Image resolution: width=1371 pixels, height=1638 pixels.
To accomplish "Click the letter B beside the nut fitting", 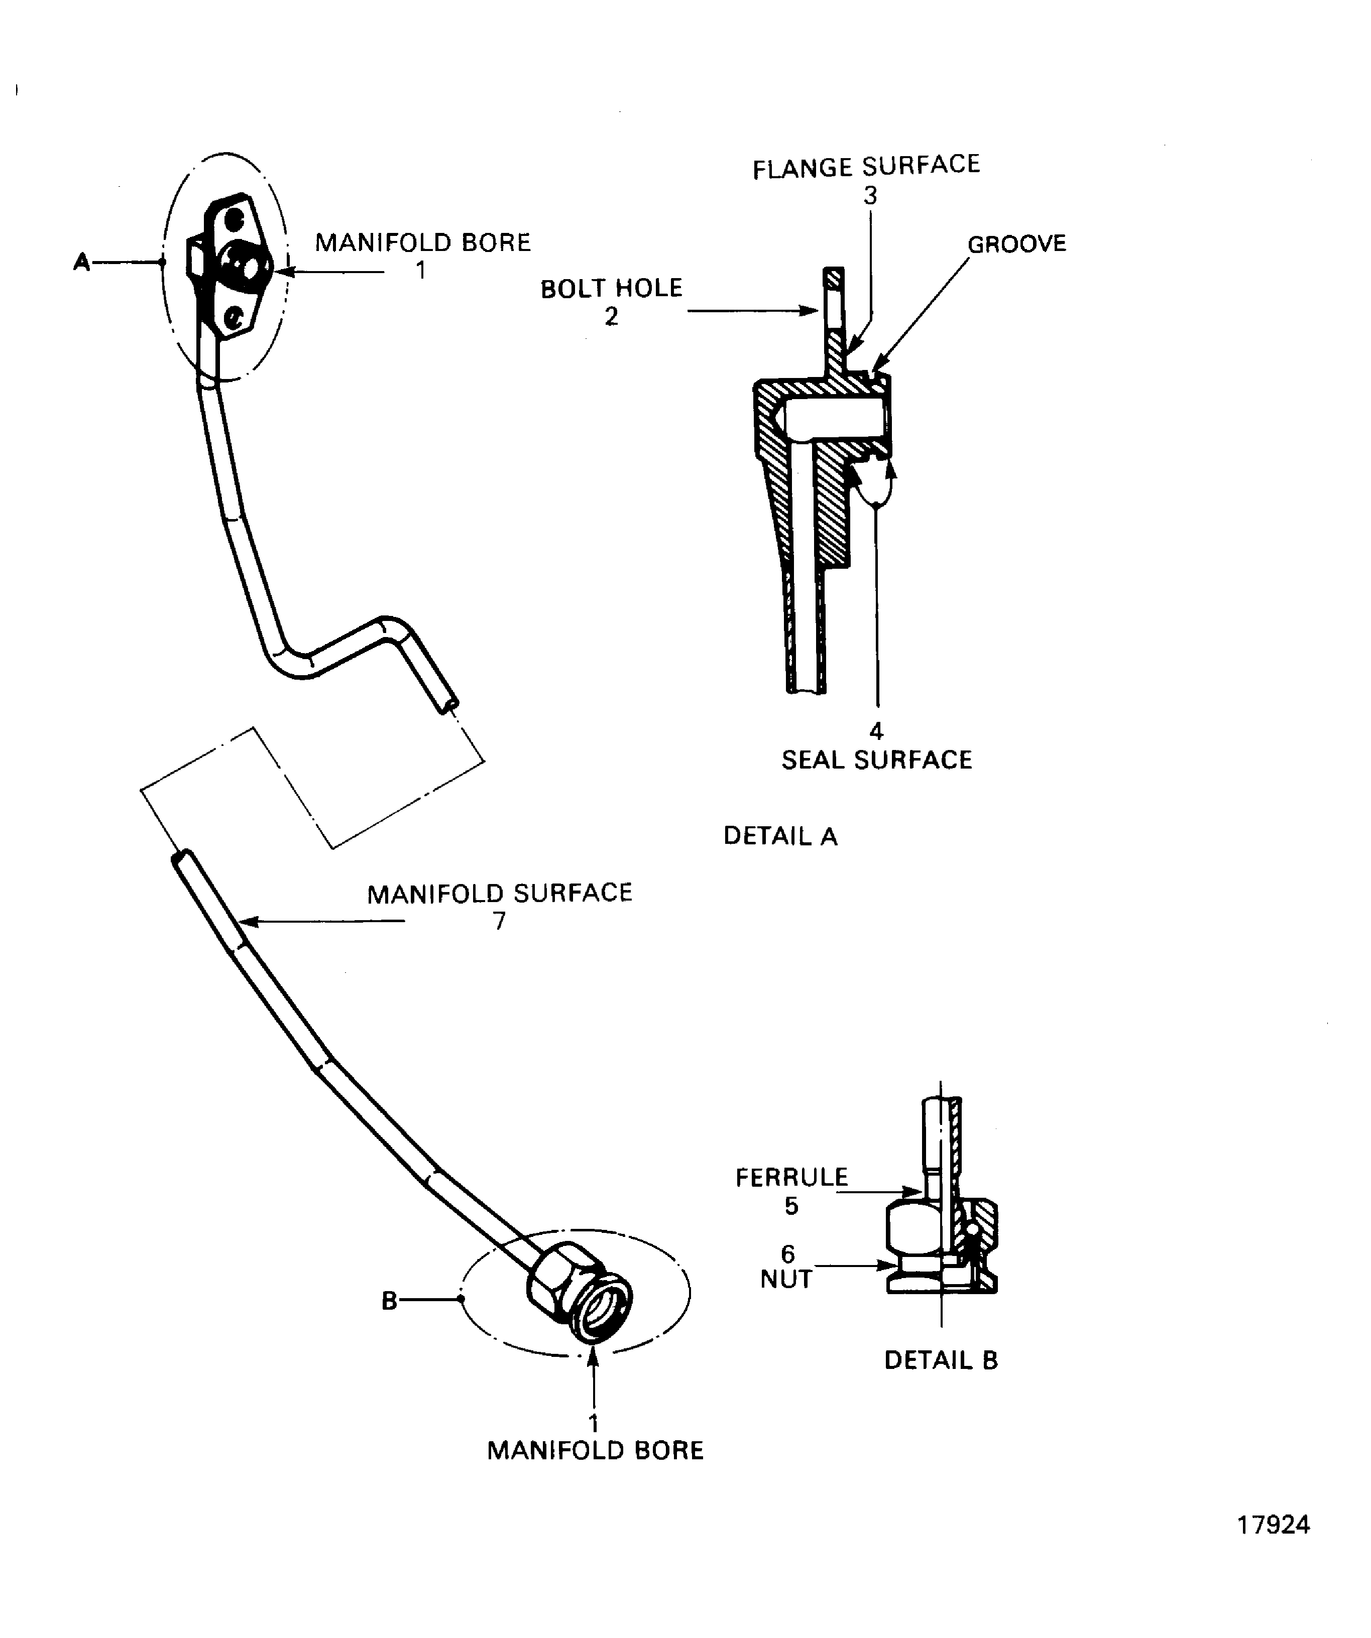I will click(x=389, y=1301).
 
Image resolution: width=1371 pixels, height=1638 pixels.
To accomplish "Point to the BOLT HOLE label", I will click(x=611, y=289).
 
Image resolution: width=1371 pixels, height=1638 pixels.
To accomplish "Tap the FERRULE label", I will click(x=791, y=1177).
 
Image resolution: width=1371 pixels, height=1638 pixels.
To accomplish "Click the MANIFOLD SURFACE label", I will click(x=499, y=893).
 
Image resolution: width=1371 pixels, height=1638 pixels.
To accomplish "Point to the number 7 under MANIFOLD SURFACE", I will click(x=499, y=921).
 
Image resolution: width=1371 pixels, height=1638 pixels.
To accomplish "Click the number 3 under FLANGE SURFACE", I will click(x=870, y=196).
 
